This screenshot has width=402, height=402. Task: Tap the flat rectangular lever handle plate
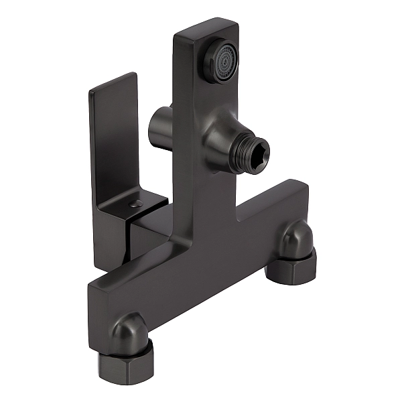click(113, 141)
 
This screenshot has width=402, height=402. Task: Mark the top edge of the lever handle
click(113, 81)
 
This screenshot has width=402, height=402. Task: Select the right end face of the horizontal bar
click(306, 201)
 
